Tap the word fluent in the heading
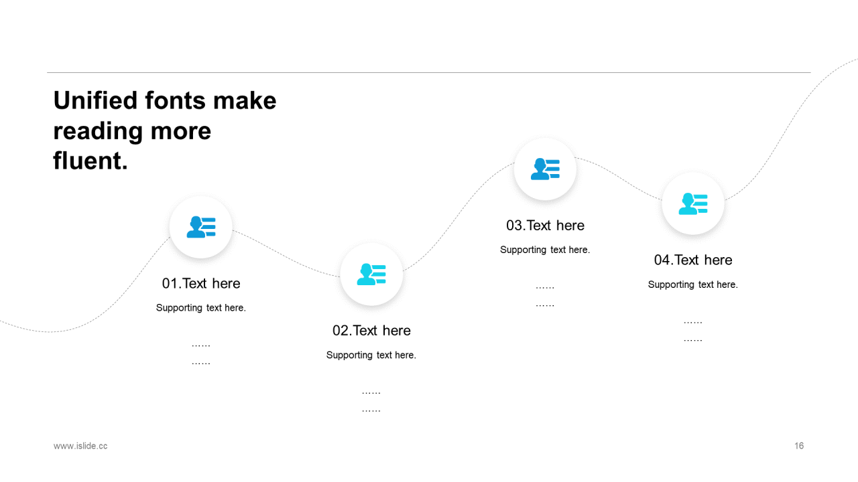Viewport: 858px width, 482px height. [x=90, y=161]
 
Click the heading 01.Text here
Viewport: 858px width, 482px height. [x=201, y=283]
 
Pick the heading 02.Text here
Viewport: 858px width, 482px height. [x=371, y=331]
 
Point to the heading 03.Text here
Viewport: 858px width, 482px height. [x=546, y=226]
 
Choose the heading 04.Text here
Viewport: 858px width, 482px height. [x=693, y=260]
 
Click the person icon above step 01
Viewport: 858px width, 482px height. [x=201, y=227]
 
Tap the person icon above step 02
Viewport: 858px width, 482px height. [x=371, y=274]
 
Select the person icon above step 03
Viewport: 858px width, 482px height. [x=546, y=169]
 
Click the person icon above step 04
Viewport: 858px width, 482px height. [x=693, y=204]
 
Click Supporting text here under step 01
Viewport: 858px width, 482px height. [x=201, y=308]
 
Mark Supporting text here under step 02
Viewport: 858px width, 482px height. [x=371, y=355]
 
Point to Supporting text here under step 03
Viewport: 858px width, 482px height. [x=545, y=250]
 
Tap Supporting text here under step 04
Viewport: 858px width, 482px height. [x=693, y=285]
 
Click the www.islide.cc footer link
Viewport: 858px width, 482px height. [x=80, y=446]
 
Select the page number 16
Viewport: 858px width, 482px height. [x=799, y=446]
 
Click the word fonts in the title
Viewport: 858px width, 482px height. [x=175, y=100]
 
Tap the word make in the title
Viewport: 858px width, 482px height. [x=245, y=100]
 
